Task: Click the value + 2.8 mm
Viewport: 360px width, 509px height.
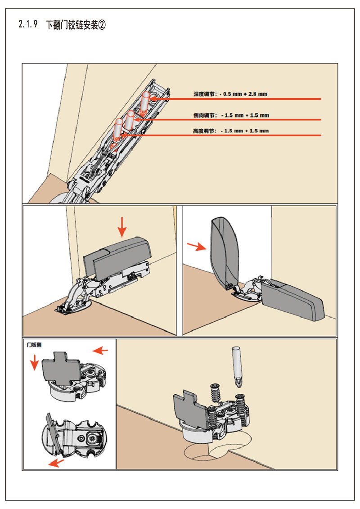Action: tap(256, 94)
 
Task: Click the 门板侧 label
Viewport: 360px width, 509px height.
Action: tap(34, 346)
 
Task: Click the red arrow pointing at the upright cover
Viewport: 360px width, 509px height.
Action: tap(197, 246)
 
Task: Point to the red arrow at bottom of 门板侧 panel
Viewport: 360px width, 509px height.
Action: tap(56, 463)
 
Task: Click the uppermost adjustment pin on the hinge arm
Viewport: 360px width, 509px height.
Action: tap(145, 103)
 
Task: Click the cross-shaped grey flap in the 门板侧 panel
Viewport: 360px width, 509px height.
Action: tap(61, 369)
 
